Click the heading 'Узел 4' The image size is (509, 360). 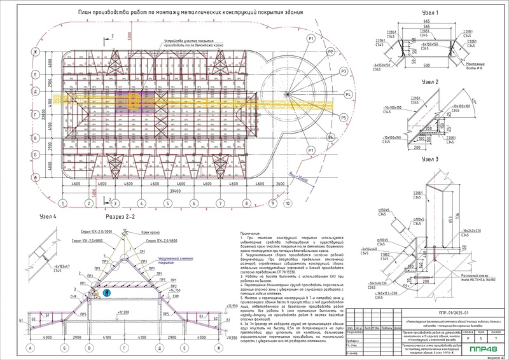point(46,216)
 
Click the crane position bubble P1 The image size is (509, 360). point(311,39)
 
